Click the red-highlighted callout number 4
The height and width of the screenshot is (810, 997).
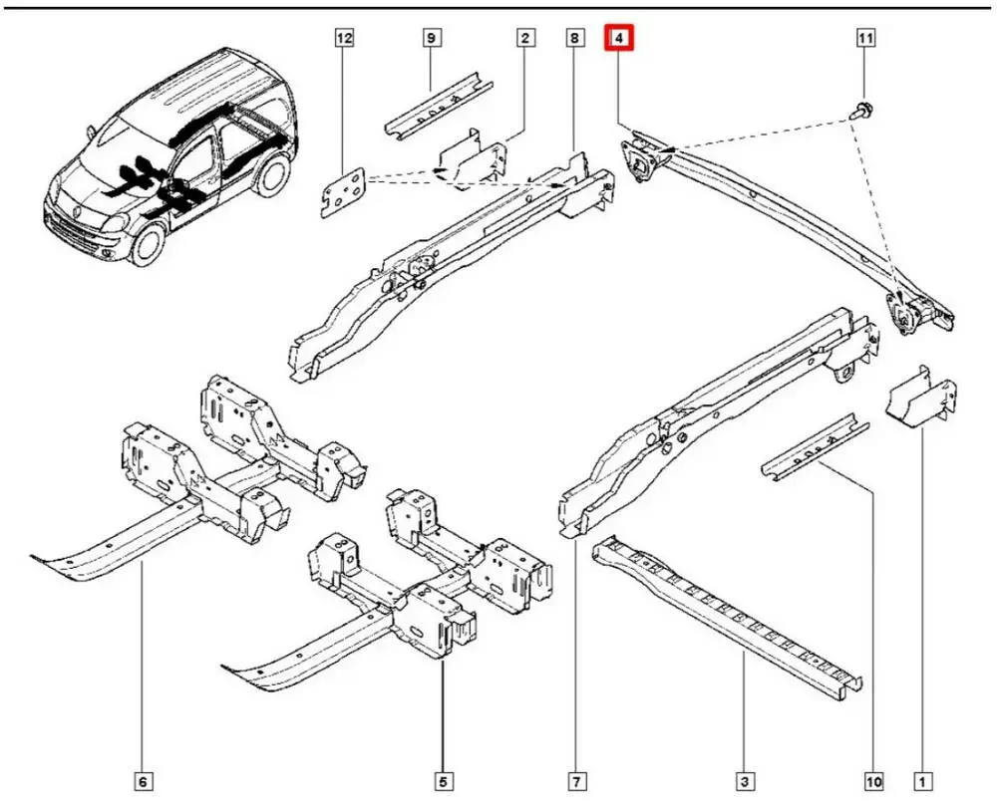point(619,39)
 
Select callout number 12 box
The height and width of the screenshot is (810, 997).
point(344,39)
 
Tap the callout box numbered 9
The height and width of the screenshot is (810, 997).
point(431,39)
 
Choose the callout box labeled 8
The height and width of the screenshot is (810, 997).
point(574,39)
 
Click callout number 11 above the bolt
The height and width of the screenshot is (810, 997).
point(865,39)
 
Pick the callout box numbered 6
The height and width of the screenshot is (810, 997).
point(144,782)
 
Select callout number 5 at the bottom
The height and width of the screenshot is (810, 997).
point(443,782)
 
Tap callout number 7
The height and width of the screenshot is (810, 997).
point(576,782)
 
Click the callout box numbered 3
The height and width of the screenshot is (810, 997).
point(744,782)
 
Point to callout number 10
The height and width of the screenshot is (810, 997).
point(873,782)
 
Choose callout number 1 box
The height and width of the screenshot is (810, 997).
point(923,782)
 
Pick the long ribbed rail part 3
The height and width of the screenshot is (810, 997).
point(728,618)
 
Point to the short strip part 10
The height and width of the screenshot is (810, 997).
point(813,444)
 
